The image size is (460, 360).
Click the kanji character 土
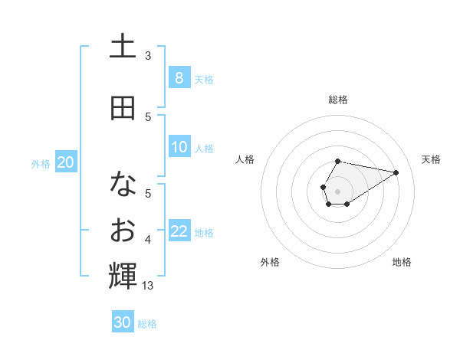(123, 47)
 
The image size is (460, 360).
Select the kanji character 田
(123, 108)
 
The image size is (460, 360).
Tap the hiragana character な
(123, 184)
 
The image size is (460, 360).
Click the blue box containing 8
(179, 77)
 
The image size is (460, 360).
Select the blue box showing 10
(179, 147)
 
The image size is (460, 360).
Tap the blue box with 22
(179, 231)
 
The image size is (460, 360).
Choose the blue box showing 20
(66, 162)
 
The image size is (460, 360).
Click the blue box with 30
(123, 322)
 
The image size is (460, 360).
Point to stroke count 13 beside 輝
(149, 286)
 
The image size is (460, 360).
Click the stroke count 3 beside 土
(148, 55)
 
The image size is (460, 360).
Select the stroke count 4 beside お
(148, 241)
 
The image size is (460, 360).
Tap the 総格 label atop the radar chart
(337, 100)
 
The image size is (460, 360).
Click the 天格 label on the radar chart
(431, 159)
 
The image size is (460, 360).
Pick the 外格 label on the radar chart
(270, 262)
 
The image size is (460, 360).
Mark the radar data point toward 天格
(396, 172)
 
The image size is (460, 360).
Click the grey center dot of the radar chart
(337, 190)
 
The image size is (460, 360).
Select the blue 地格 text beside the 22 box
(204, 233)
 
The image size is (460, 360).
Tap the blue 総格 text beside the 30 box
(147, 324)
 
